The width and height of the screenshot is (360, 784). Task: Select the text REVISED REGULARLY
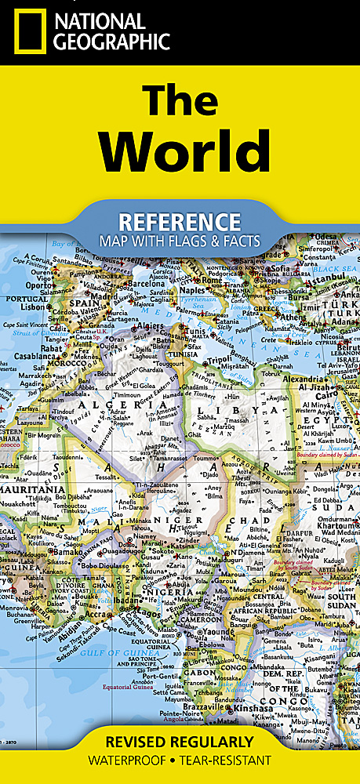(180, 742)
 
